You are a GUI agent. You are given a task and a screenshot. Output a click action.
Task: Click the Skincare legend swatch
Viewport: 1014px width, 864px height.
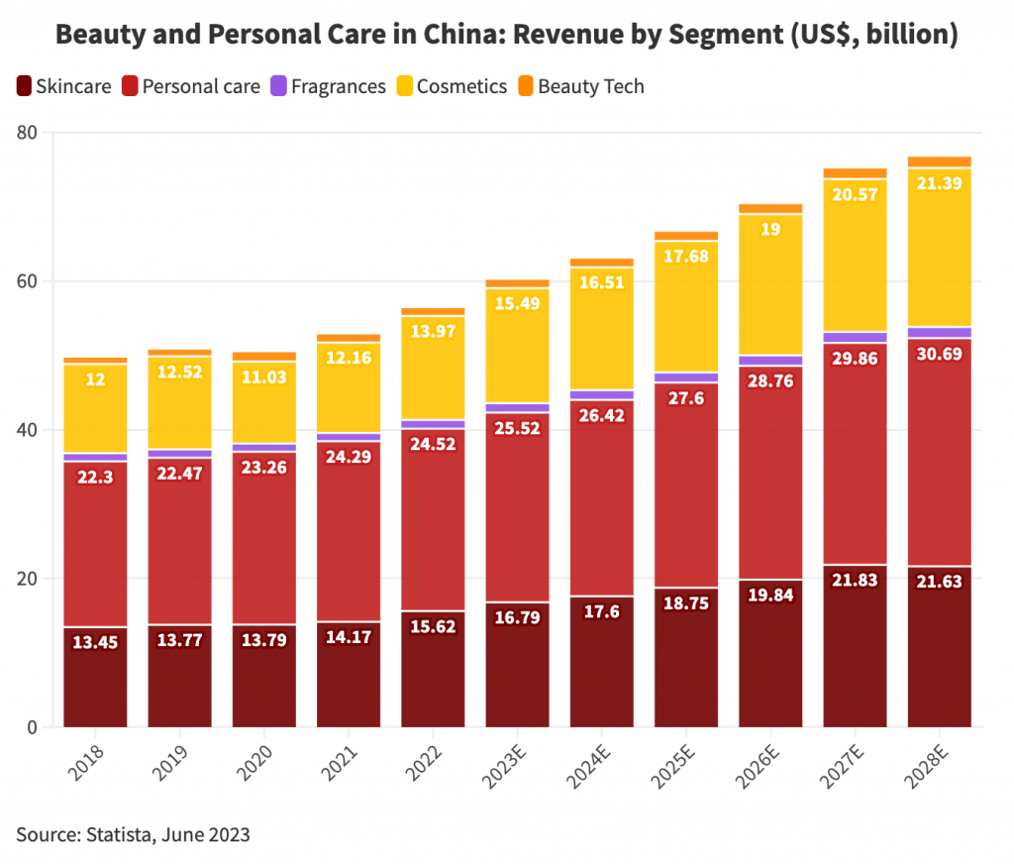pyautogui.click(x=24, y=87)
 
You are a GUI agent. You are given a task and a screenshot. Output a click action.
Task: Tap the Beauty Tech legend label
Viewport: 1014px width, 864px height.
pyautogui.click(x=590, y=87)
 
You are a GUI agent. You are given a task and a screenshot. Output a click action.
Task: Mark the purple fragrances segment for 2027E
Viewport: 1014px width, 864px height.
pyautogui.click(x=855, y=338)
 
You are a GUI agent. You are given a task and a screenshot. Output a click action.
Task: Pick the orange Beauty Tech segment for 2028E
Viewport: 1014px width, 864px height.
pyautogui.click(x=939, y=162)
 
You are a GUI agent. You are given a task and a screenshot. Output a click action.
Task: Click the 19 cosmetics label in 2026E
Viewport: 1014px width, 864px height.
pyautogui.click(x=770, y=229)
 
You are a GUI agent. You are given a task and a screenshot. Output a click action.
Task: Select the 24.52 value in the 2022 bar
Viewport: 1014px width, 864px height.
pyautogui.click(x=433, y=445)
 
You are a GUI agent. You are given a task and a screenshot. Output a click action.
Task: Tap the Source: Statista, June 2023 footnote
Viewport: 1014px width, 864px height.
pyautogui.click(x=133, y=834)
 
